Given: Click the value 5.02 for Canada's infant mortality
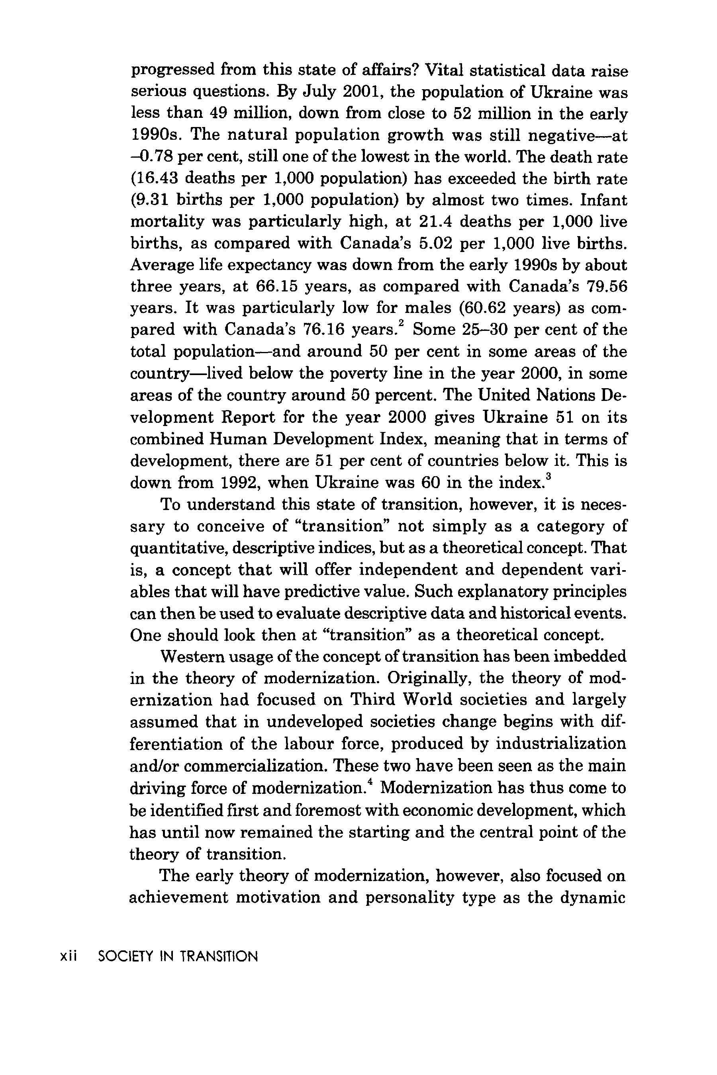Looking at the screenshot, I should click(435, 243).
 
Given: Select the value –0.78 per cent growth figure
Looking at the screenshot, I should click(151, 157).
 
